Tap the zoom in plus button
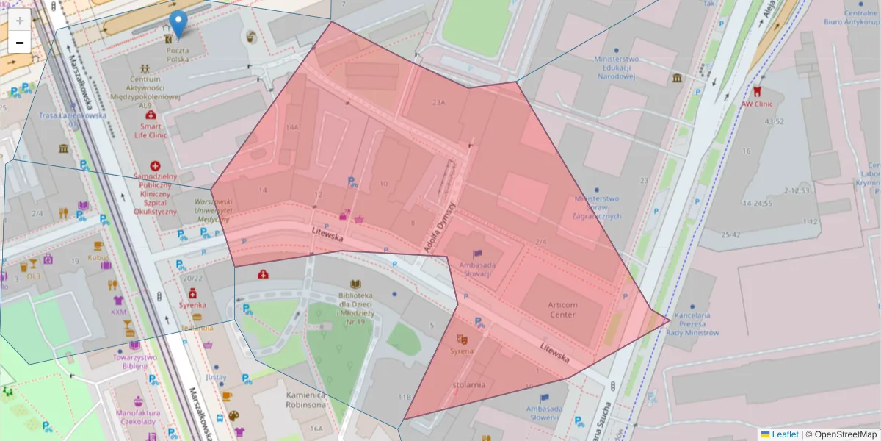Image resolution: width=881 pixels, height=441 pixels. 20,21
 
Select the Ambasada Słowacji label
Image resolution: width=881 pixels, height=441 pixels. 476,269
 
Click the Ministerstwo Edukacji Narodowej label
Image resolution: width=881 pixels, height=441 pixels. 616,67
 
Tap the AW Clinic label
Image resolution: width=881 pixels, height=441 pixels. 757,104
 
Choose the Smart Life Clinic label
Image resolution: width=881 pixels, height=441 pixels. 151,130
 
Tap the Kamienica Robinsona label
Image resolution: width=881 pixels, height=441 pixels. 305,400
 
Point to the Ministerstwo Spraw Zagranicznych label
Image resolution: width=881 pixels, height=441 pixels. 598,207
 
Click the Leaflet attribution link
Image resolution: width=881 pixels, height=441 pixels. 785,434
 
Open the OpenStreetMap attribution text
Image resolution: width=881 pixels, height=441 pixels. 841,434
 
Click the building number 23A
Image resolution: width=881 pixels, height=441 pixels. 439,103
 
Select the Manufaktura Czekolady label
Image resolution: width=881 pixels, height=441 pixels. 136,417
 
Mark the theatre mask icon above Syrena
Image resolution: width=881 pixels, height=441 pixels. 462,339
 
